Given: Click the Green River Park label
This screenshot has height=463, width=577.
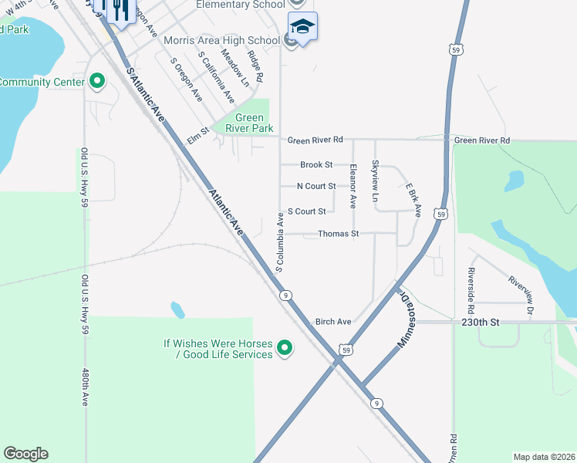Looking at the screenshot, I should [243, 123].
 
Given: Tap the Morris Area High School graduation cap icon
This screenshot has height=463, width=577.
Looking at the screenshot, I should [302, 26].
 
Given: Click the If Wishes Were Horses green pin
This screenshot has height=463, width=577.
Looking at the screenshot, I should [284, 349].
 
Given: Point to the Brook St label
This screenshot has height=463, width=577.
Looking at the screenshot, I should [316, 164].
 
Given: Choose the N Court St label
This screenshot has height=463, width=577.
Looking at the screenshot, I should [316, 186].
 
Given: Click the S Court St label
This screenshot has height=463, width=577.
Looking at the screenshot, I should [306, 211].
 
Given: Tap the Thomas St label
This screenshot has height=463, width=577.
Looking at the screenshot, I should [339, 233].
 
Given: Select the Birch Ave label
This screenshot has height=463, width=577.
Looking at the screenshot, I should [333, 321].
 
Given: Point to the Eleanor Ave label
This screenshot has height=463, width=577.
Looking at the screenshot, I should [353, 186].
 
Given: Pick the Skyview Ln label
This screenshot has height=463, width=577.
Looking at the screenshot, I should [375, 181].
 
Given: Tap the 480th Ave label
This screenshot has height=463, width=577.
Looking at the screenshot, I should [86, 387].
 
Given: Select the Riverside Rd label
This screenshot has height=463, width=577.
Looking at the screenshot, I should [470, 286].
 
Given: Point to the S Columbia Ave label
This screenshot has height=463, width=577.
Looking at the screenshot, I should [280, 242].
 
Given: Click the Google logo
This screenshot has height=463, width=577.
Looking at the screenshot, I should [25, 454].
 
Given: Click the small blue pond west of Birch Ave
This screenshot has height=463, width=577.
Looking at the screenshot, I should [177, 310].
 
